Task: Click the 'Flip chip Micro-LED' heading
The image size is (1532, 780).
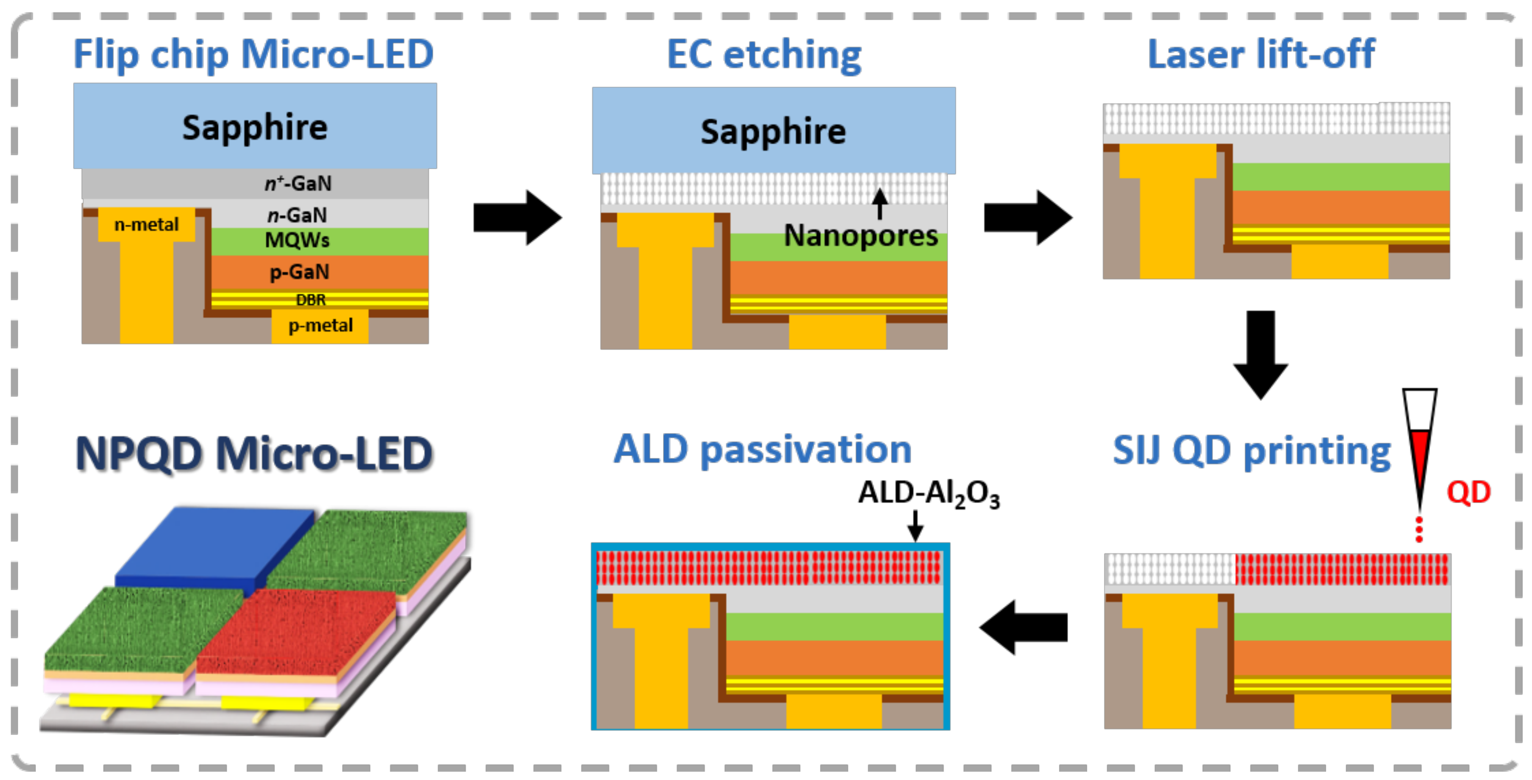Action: tap(253, 55)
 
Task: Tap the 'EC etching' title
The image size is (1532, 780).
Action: tap(764, 55)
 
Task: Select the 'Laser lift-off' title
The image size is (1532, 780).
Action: tap(1261, 55)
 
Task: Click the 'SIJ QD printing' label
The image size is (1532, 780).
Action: tap(1251, 450)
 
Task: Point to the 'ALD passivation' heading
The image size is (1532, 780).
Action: tap(763, 449)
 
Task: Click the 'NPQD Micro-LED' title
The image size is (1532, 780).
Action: tap(254, 454)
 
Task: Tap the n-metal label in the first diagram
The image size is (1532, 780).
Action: tap(146, 224)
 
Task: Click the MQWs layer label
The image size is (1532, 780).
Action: tap(297, 241)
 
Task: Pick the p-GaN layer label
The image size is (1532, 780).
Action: tap(299, 272)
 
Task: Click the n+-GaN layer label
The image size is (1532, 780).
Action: tap(298, 183)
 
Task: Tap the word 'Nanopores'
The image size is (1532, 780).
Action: tap(861, 236)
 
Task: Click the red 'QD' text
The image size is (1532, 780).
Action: tap(1468, 493)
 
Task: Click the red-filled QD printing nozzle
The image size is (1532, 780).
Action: tap(1419, 452)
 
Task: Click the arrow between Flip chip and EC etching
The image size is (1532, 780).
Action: tap(517, 218)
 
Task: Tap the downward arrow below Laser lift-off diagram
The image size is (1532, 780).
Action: tap(1260, 354)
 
